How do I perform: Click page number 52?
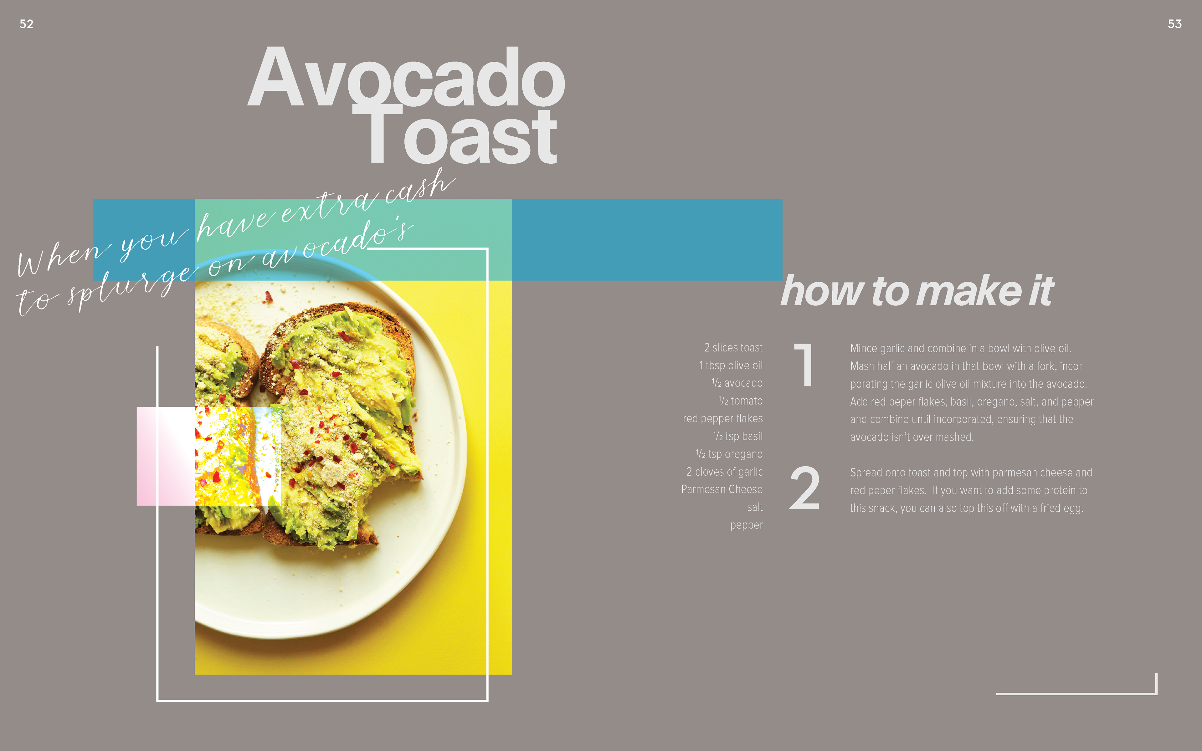coord(26,24)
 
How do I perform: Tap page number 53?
coord(1175,24)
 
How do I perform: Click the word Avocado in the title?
coord(406,77)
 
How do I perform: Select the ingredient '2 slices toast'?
coord(733,348)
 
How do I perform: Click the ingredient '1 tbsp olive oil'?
coord(731,365)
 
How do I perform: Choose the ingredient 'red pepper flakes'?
coord(723,419)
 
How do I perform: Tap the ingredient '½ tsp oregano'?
coord(729,454)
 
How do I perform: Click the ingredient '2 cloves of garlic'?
coord(725,472)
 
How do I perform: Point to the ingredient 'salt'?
coord(755,507)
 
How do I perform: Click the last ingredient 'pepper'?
coord(747,525)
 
